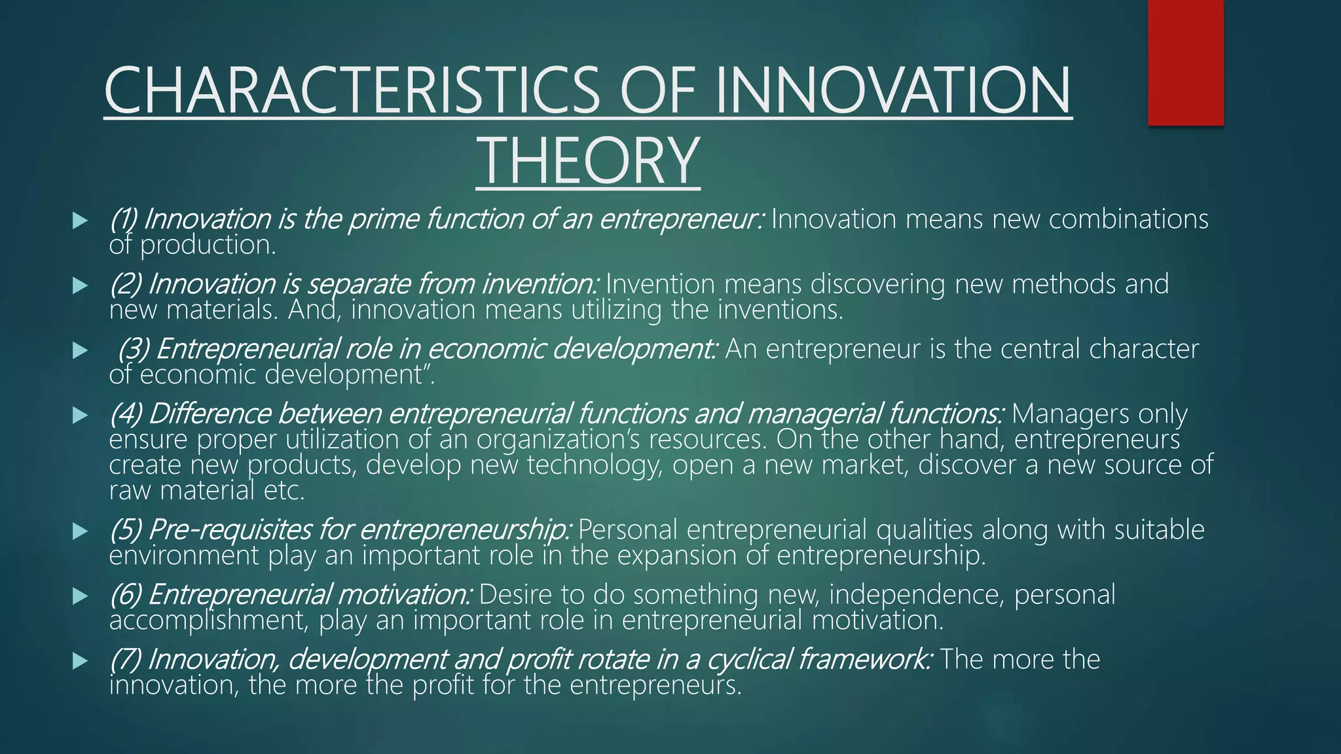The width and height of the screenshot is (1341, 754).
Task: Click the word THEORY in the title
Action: click(588, 160)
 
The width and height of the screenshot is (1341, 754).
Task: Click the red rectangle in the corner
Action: click(1185, 62)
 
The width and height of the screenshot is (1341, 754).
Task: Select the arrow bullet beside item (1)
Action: click(80, 221)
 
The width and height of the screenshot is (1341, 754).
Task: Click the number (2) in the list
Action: click(125, 285)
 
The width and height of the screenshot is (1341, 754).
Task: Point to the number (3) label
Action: click(133, 350)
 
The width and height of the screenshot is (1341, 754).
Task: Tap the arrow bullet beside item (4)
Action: click(80, 415)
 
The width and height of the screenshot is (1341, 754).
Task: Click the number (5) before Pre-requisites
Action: click(125, 530)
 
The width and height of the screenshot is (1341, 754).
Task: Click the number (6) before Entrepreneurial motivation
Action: click(125, 595)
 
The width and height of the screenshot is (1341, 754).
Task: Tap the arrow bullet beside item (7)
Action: click(80, 661)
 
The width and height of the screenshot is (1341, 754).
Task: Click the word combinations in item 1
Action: click(1128, 219)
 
